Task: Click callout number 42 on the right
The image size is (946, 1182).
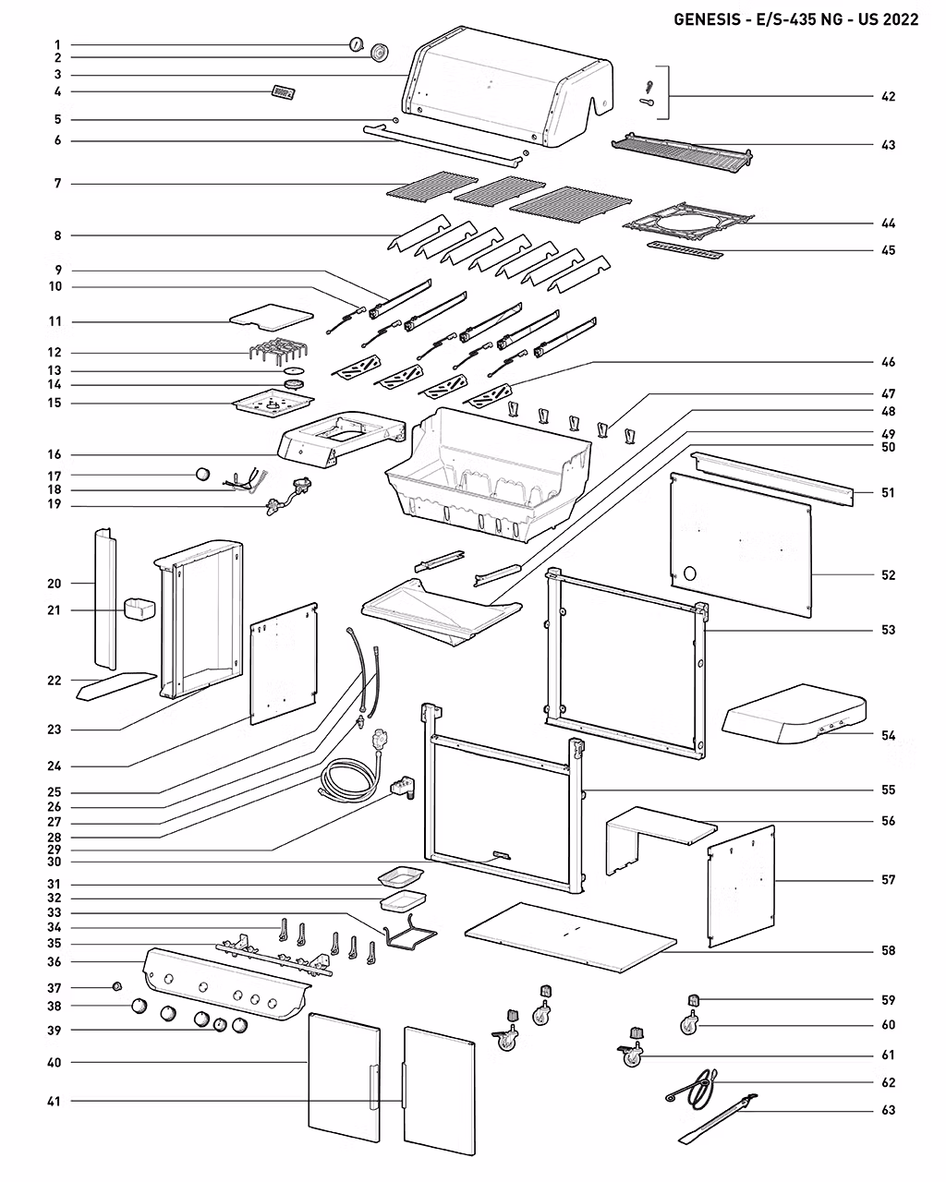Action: [888, 96]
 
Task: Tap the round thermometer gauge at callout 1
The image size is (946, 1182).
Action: [356, 44]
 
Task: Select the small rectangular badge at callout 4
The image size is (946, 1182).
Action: [283, 92]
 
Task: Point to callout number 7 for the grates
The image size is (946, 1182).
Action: [57, 184]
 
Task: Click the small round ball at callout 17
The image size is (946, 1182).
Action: [203, 475]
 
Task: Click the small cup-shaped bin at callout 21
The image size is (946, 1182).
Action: [139, 609]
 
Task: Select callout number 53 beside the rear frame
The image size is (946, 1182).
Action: [888, 630]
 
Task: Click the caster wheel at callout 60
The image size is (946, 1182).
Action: [689, 1025]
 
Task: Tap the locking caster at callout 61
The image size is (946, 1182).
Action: [630, 1055]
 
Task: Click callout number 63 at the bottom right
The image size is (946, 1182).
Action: [888, 1110]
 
